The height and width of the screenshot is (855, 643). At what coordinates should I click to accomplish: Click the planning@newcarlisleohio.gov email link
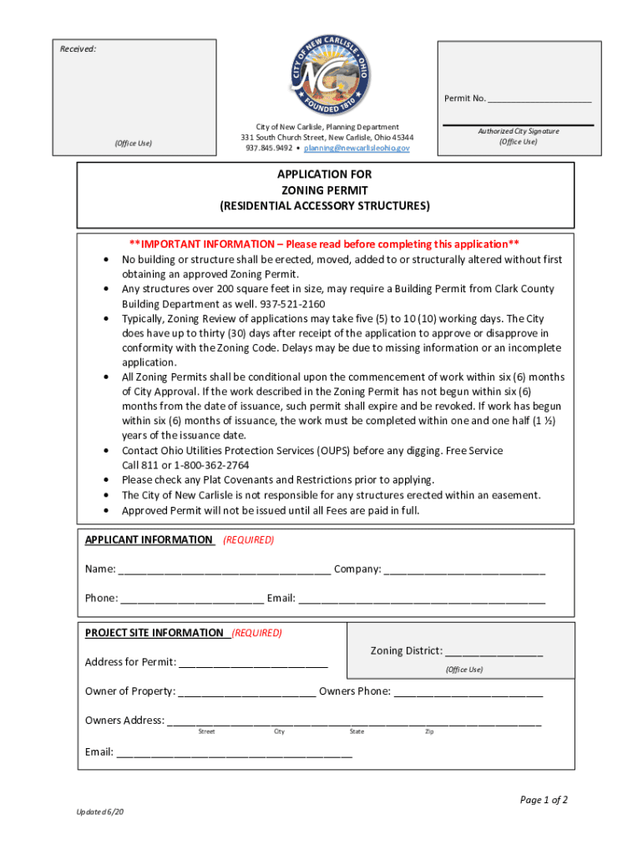[357, 148]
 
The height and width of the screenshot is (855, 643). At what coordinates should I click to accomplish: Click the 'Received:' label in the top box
[78, 49]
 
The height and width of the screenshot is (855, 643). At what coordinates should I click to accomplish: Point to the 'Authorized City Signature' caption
[518, 131]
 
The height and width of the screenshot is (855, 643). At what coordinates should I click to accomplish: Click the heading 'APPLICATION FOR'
[325, 175]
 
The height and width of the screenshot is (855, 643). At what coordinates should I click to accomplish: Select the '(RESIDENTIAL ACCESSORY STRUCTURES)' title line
[325, 205]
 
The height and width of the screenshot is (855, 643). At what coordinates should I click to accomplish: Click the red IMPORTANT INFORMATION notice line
[325, 244]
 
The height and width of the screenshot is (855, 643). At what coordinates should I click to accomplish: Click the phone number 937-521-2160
[293, 304]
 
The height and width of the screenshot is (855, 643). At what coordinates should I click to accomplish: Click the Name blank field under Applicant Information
[225, 571]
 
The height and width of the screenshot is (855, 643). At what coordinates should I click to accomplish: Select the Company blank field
[465, 571]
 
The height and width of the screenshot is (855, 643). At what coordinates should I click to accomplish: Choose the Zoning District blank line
[494, 653]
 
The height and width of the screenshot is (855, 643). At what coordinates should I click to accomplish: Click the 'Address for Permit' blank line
[253, 664]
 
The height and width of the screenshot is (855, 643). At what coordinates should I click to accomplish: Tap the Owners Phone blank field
[468, 692]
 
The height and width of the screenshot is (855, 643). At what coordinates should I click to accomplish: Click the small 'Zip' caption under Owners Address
[429, 731]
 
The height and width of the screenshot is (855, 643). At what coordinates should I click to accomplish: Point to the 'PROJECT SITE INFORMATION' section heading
[154, 633]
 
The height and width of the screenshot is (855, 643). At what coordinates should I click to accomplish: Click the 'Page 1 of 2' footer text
[544, 800]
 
